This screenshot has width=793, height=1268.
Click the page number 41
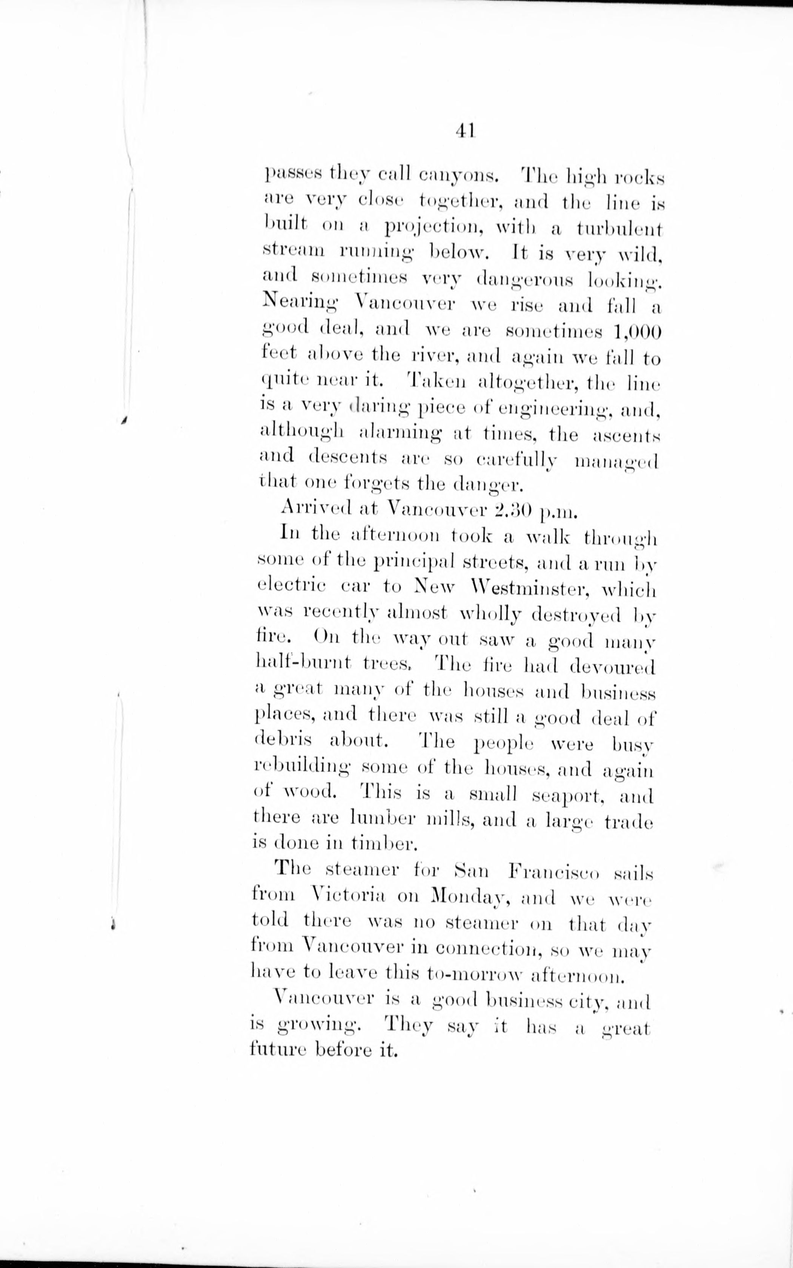(x=465, y=131)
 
